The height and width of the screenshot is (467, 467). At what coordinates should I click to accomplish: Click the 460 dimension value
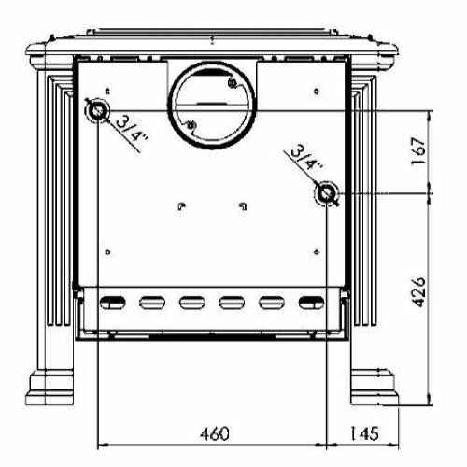(215, 433)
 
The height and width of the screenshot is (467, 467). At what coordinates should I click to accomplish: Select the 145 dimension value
(364, 433)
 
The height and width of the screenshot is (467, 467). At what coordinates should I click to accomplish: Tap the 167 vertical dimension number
(418, 152)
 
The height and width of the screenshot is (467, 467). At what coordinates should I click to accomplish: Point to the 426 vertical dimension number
(418, 291)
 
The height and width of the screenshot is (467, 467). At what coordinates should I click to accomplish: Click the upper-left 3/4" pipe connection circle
(98, 110)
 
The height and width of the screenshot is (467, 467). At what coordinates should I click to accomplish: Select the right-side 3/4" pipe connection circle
(326, 193)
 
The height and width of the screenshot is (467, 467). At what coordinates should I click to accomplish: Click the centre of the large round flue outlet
(212, 105)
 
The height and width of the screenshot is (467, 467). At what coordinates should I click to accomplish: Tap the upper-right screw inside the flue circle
(232, 83)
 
